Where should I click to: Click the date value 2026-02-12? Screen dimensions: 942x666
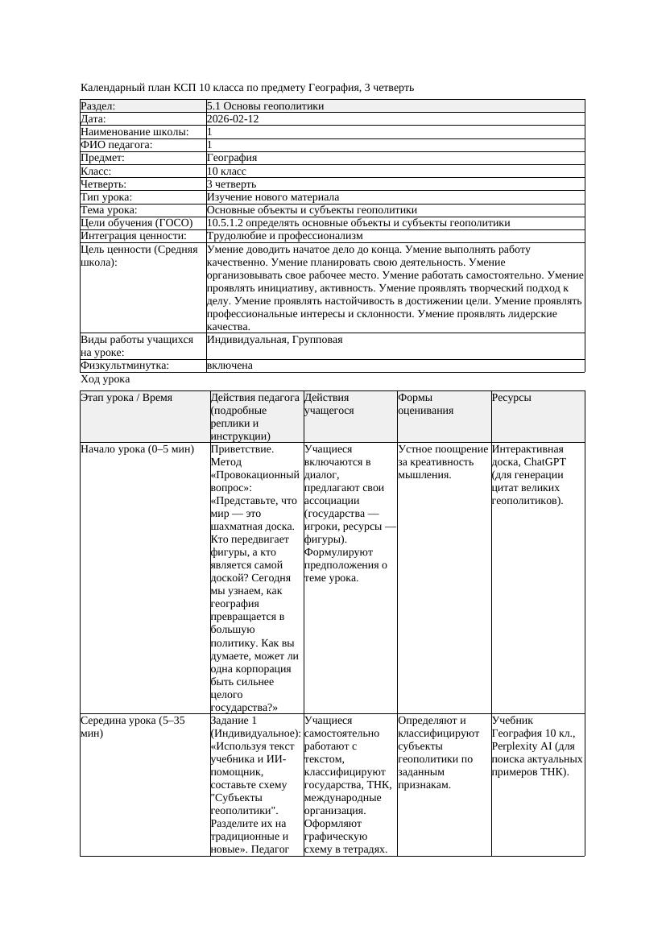point(232,119)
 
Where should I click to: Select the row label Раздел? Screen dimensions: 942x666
point(98,106)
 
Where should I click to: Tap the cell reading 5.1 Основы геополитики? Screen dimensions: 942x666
point(265,106)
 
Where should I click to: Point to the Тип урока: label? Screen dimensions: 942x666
point(106,197)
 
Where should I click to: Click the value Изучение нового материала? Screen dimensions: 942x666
point(272,197)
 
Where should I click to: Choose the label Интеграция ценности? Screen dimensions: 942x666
point(134,236)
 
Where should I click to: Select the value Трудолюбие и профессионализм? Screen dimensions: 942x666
point(284,236)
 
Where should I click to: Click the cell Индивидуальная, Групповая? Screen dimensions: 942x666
point(274,340)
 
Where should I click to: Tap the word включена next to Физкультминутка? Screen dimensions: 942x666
point(230,366)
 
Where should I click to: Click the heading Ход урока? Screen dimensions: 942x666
point(105,379)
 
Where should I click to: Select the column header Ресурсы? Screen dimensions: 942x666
point(511,398)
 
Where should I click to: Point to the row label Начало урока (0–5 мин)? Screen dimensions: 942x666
point(138,449)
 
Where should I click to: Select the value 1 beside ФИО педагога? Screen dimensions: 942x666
point(209,145)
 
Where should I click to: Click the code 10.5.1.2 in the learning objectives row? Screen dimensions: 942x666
point(229,223)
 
